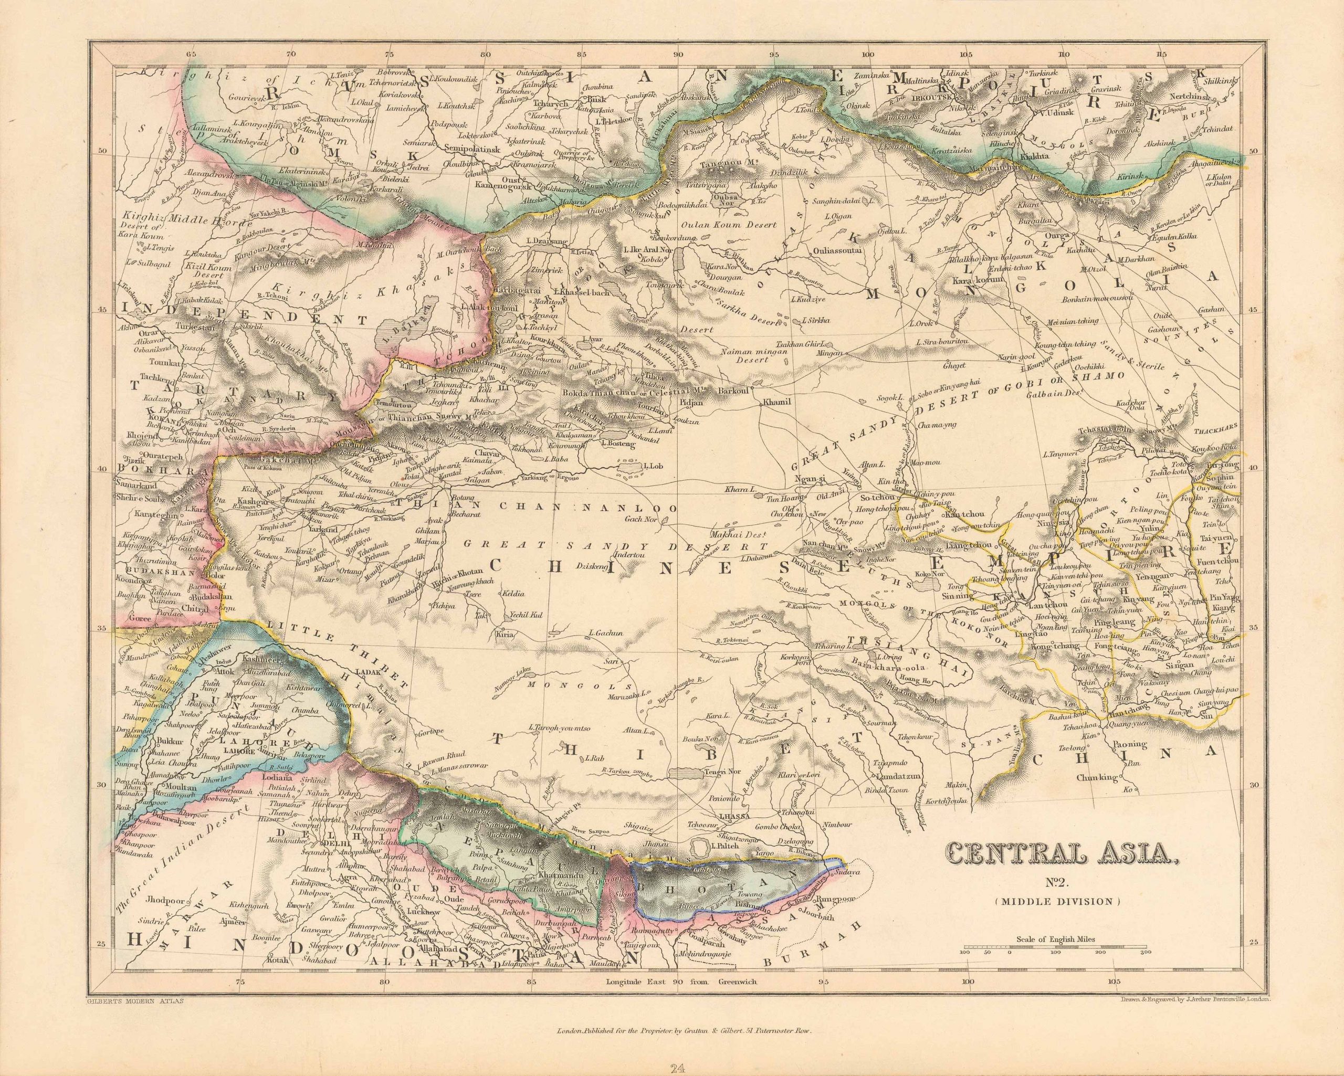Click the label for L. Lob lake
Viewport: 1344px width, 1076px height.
tap(652, 466)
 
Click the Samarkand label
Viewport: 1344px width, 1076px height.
tap(133, 484)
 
